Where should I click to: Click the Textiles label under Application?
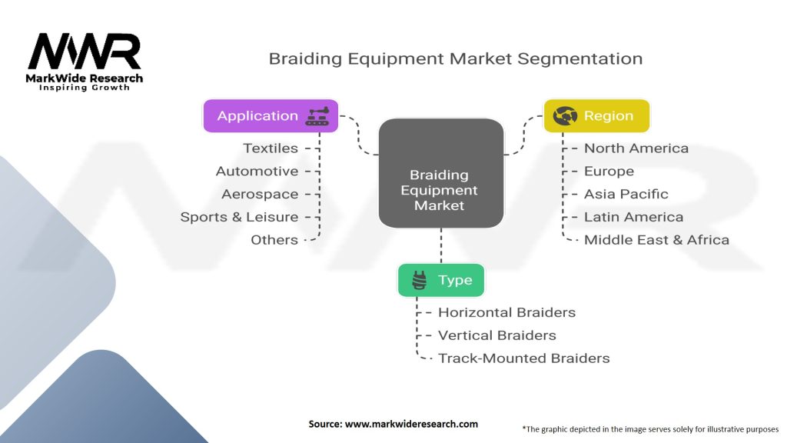pyautogui.click(x=271, y=148)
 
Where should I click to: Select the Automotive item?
pyautogui.click(x=257, y=171)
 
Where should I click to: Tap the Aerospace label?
pyautogui.click(x=260, y=194)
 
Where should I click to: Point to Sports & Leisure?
pyautogui.click(x=239, y=217)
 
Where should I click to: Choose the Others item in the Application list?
pyautogui.click(x=274, y=240)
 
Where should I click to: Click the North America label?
pyautogui.click(x=636, y=148)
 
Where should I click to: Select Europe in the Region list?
pyautogui.click(x=609, y=171)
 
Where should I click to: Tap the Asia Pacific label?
pyautogui.click(x=626, y=194)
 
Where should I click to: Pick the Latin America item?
pyautogui.click(x=633, y=217)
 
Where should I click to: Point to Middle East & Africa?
pyautogui.click(x=656, y=240)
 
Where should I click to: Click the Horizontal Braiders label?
pyautogui.click(x=506, y=312)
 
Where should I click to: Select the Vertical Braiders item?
pyautogui.click(x=496, y=335)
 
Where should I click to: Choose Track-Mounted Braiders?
pyautogui.click(x=523, y=358)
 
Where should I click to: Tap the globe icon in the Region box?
pyautogui.click(x=565, y=116)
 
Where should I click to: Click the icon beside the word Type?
pyautogui.click(x=420, y=281)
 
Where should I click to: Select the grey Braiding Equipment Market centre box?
pyautogui.click(x=440, y=172)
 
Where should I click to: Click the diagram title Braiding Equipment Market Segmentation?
pyautogui.click(x=455, y=58)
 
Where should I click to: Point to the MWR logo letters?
pyautogui.click(x=85, y=52)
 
